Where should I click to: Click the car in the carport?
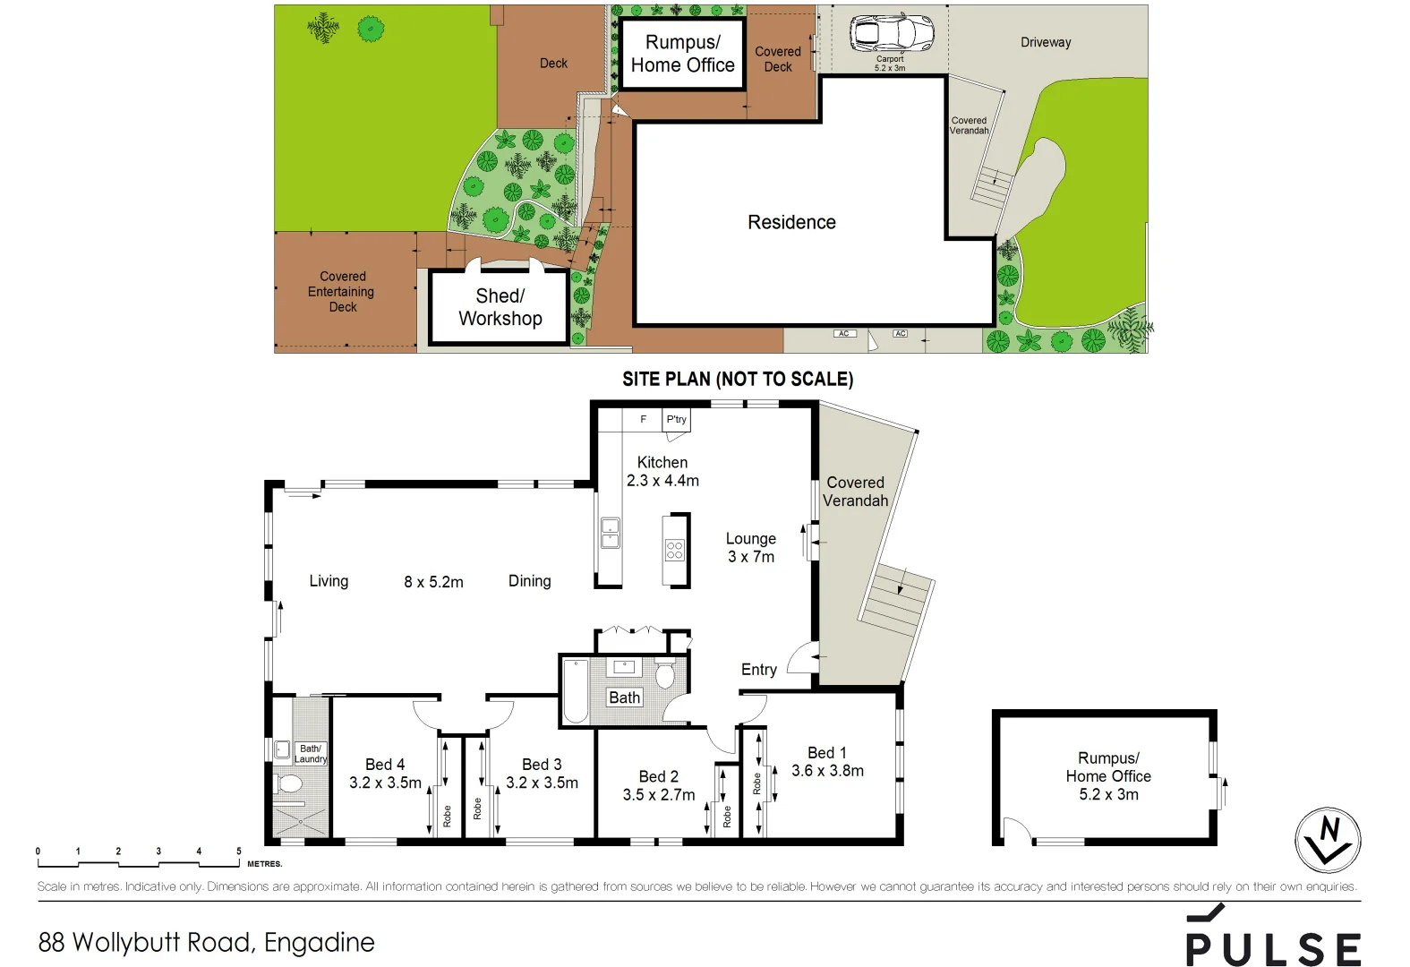point(891,34)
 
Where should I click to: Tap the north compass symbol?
point(1328,840)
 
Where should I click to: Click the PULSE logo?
point(1273,940)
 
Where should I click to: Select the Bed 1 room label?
point(826,753)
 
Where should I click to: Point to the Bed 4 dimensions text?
point(385,783)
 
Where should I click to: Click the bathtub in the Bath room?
point(576,691)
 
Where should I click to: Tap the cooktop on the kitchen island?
point(675,550)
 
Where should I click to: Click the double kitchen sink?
point(610,533)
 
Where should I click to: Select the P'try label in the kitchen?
point(676,419)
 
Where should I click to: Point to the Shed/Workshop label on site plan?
point(500,307)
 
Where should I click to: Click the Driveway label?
point(1045,42)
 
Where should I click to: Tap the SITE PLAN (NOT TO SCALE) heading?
point(738,379)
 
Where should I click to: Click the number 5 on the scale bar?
point(238,851)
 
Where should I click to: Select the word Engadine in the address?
point(320,942)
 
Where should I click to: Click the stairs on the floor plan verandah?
point(895,600)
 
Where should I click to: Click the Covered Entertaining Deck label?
point(342,291)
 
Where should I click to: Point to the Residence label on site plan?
point(791,222)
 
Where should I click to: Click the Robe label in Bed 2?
point(727,816)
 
